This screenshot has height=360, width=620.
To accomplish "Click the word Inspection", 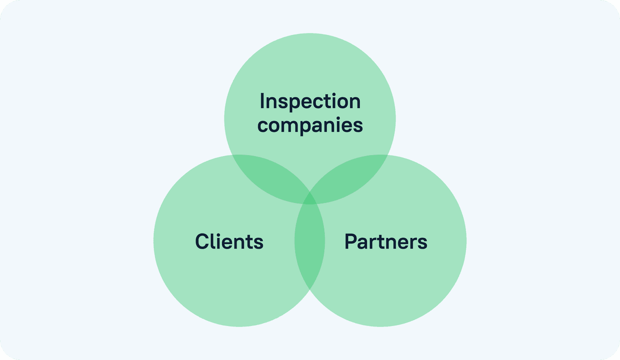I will (310, 102).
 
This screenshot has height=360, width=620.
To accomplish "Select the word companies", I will (310, 125).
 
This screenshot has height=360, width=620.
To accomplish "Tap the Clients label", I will (229, 241).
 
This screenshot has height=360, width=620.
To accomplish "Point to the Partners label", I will (386, 242).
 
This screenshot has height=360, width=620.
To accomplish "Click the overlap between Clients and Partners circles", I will (310, 244).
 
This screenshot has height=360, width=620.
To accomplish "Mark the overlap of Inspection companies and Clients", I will (270, 177).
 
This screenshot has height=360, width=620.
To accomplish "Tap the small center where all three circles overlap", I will (310, 199).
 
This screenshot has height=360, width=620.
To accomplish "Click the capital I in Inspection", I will (262, 101).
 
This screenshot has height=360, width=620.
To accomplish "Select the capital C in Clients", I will (201, 241).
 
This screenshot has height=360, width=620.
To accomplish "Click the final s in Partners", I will (422, 243).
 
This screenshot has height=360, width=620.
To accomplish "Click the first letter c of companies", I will (263, 126).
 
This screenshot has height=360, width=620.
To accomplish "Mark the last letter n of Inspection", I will (354, 103).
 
